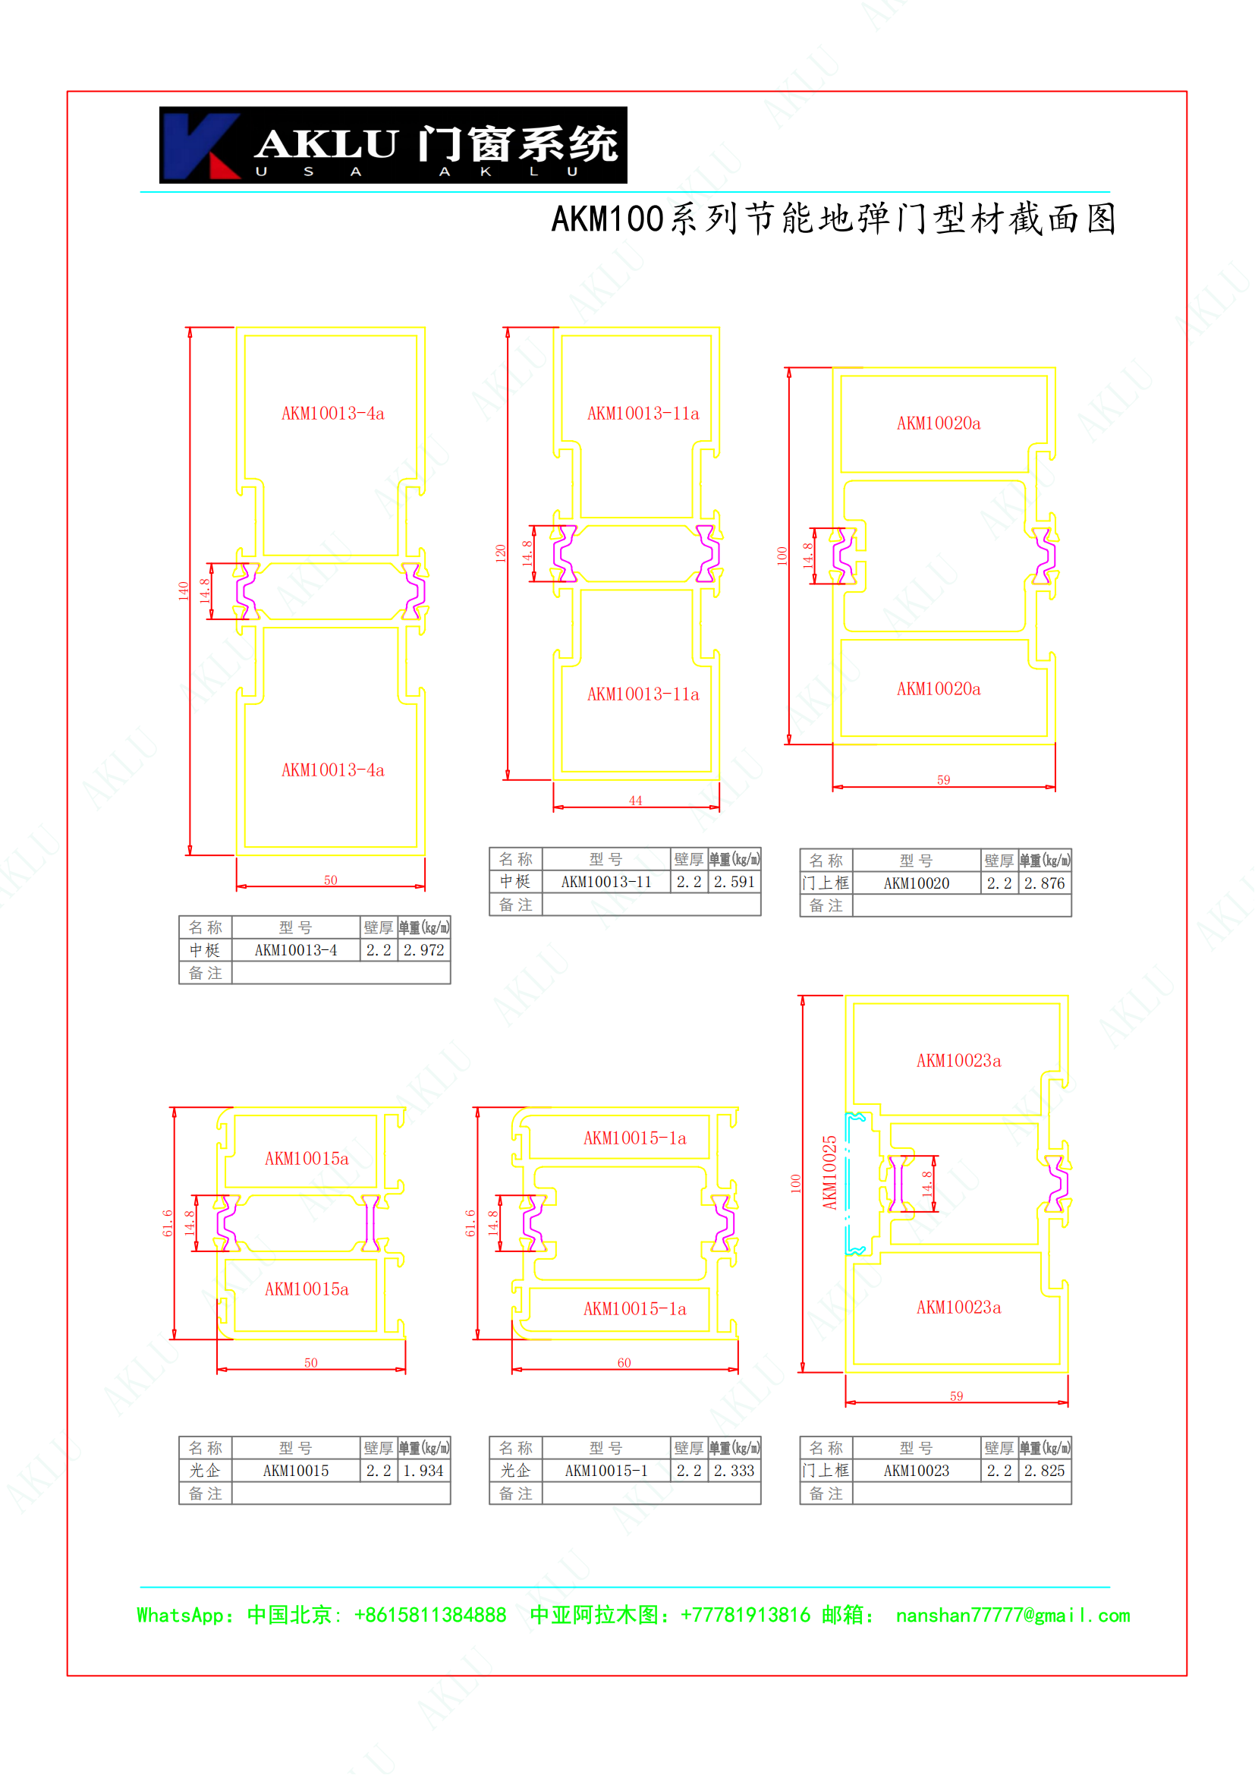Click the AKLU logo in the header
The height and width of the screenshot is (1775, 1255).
[x=392, y=145]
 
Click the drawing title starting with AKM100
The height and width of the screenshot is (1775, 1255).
[x=833, y=219]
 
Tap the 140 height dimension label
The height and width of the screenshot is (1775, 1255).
[x=183, y=591]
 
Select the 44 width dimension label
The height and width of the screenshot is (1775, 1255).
[x=635, y=800]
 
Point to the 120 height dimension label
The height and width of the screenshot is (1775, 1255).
[x=501, y=553]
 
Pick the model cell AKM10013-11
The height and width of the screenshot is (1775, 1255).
[x=605, y=882]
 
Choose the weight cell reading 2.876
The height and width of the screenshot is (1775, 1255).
[x=1045, y=883]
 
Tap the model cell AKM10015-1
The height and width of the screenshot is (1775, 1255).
[x=605, y=1471]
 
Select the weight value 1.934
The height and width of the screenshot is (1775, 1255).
[x=423, y=1471]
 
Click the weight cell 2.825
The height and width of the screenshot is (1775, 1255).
[x=1045, y=1471]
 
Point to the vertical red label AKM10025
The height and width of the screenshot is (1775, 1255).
[x=830, y=1172]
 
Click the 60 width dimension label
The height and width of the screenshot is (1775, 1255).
[x=624, y=1362]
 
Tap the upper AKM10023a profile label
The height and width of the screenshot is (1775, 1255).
[x=958, y=1061]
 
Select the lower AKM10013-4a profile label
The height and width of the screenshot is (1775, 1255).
[x=332, y=770]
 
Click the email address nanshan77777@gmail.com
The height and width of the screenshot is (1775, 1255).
[x=1013, y=1615]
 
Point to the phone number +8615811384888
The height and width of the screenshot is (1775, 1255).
[x=429, y=1615]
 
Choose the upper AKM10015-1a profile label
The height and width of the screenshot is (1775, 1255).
[x=634, y=1138]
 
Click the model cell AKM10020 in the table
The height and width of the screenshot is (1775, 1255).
[x=917, y=883]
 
